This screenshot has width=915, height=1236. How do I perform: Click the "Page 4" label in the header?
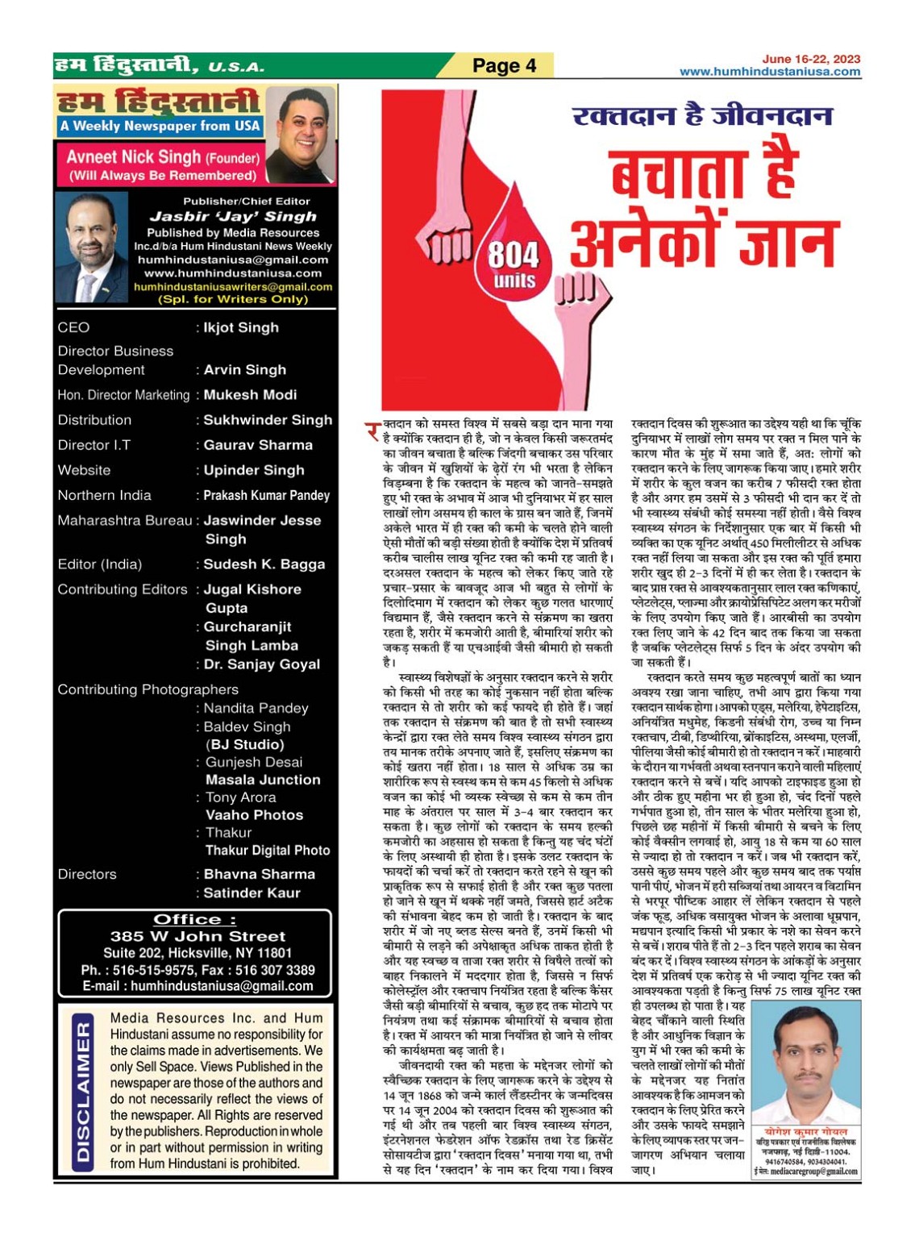click(x=504, y=65)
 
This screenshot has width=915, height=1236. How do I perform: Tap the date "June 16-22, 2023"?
click(x=811, y=59)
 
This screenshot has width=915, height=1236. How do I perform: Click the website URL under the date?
click(x=770, y=71)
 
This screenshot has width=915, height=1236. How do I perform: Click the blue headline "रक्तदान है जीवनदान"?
click(x=701, y=115)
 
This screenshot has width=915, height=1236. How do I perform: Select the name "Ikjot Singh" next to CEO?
click(x=241, y=327)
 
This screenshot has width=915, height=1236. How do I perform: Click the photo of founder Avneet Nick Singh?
click(x=299, y=135)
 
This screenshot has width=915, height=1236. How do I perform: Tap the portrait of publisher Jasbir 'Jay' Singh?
click(x=91, y=248)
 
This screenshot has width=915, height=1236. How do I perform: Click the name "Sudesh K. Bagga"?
click(x=264, y=564)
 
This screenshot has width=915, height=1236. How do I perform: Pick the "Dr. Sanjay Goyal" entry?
click(x=262, y=664)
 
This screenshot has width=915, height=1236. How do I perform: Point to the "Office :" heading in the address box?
click(x=195, y=919)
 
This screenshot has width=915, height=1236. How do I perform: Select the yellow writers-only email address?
click(x=233, y=287)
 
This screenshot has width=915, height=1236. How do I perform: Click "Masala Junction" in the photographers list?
click(x=263, y=780)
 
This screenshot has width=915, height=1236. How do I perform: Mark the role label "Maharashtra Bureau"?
click(x=124, y=521)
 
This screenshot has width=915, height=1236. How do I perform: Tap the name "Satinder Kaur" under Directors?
click(x=252, y=893)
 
